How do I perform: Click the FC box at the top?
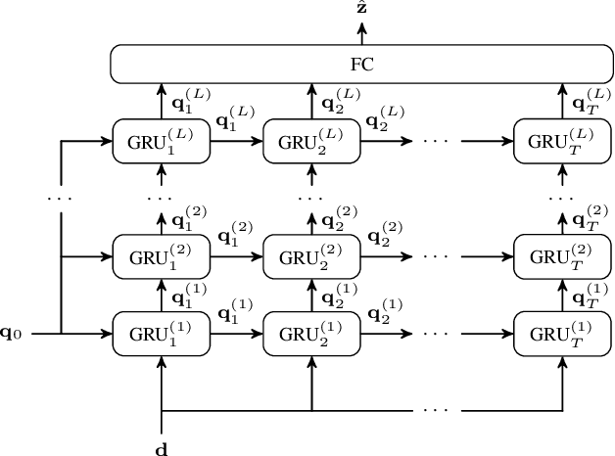361,65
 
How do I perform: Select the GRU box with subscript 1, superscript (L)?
161,141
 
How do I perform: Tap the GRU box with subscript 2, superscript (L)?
310,141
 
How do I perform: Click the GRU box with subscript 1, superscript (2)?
161,257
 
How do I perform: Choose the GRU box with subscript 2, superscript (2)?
310,257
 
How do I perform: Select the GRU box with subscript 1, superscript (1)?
161,334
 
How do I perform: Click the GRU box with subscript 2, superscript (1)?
310,334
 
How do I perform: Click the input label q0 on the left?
23,335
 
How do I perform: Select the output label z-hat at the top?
361,9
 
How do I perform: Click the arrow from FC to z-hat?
361,31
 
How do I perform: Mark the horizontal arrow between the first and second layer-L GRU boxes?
235,141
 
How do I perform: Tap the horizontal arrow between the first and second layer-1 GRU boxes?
235,334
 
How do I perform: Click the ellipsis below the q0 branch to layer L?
61,199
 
